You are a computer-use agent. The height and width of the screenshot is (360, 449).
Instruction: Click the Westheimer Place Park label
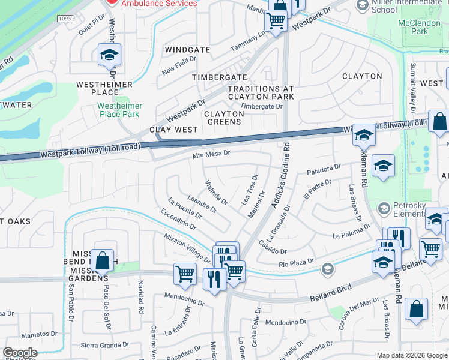point(119,109)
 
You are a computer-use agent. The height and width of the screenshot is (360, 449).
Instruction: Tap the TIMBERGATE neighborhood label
point(219,77)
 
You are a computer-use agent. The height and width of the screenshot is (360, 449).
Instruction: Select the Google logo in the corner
point(20,353)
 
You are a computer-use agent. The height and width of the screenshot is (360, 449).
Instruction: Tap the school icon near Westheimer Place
point(109,55)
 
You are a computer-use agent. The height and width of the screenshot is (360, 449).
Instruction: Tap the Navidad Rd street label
point(142,298)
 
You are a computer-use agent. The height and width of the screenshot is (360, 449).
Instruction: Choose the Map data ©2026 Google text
point(412,355)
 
